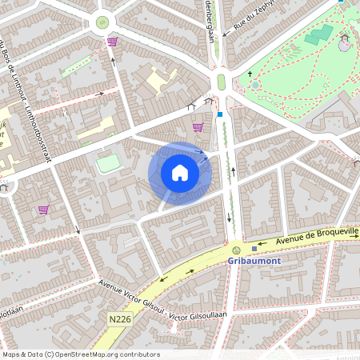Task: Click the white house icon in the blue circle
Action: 180,173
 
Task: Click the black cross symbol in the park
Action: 250,73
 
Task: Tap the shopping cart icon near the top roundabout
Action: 112,42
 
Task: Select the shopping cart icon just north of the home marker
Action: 198,126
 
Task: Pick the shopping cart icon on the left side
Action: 43,210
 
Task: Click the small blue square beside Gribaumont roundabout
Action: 254,249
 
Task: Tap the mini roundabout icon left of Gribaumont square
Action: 236,250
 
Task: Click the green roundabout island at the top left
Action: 102,22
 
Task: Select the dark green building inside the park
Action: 318,34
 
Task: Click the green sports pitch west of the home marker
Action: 108,163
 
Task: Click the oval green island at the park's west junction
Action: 222,82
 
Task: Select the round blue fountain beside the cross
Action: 255,84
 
